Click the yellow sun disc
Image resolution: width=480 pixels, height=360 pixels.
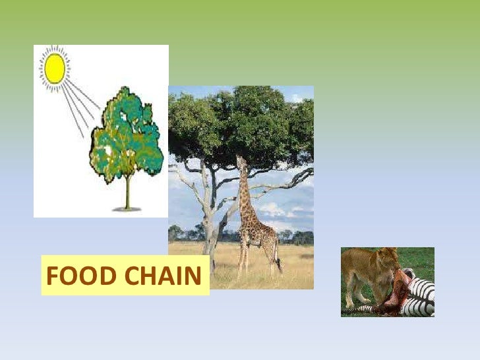point(55,68)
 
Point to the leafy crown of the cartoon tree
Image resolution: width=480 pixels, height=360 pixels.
point(126,135)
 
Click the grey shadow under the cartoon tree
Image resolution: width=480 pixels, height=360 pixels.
point(127,209)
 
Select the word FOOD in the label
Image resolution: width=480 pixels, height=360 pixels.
point(74,276)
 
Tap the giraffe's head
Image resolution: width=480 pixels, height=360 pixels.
point(239,160)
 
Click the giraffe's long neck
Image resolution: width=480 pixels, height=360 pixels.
point(245,191)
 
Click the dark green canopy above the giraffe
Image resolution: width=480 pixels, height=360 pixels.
point(244,119)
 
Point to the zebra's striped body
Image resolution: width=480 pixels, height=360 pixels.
point(422,293)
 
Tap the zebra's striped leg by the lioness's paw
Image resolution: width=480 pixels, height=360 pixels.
point(366,309)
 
